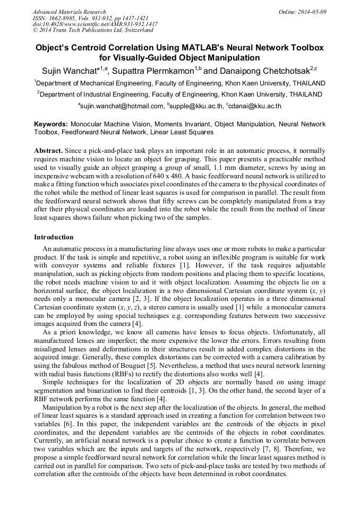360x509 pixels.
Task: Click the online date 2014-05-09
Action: [x=312, y=12]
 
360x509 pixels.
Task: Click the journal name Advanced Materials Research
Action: [x=70, y=12]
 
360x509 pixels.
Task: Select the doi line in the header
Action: [x=95, y=24]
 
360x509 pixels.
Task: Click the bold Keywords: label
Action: [x=51, y=124]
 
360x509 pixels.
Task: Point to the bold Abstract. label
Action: [x=49, y=151]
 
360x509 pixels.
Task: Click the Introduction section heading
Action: [x=54, y=237]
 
